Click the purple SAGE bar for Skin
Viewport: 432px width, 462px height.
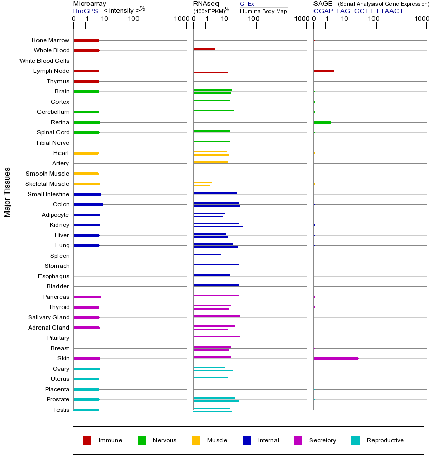pos(336,358)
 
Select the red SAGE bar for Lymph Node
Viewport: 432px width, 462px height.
pos(324,71)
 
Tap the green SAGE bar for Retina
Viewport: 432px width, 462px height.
pos(322,122)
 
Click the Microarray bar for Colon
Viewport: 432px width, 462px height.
pos(88,204)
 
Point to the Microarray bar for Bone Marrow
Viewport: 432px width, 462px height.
pos(86,40)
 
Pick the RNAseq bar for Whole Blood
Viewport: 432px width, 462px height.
pos(204,49)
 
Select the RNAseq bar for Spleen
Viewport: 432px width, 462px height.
pos(207,254)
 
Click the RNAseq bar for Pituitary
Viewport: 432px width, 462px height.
pos(217,336)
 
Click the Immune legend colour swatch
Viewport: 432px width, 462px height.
pos(87,440)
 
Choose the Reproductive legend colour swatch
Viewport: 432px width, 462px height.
pos(356,440)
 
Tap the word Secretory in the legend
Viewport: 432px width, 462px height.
pos(323,440)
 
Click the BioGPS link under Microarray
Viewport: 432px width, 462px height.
pos(85,11)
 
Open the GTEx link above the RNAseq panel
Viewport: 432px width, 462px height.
pos(247,4)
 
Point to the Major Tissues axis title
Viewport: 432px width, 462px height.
pos(7,192)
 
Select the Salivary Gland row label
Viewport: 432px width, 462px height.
pos(49,317)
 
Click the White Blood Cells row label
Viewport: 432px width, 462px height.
pos(44,61)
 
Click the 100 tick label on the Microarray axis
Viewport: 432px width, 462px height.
pos(134,19)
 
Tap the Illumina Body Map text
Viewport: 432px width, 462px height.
pos(263,11)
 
